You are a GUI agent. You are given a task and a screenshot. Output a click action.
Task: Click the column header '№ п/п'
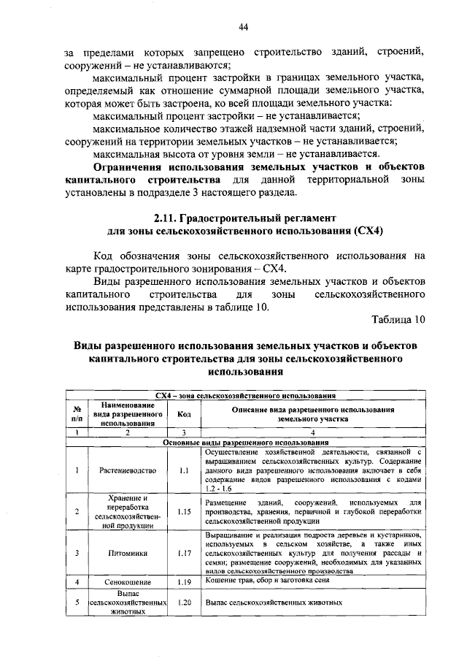coord(77,414)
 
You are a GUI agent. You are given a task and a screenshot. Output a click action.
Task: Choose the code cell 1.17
coord(184,553)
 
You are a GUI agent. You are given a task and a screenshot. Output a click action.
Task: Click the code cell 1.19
coord(184,582)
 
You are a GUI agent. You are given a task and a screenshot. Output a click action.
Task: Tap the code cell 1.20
coord(184,603)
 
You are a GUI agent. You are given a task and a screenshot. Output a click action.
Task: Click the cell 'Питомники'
coord(128,553)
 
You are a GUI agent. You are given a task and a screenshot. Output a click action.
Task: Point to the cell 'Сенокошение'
coord(128,582)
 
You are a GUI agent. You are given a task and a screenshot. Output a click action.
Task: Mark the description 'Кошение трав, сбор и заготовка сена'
coord(267,580)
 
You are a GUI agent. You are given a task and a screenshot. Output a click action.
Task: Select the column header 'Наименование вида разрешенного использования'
coord(128,413)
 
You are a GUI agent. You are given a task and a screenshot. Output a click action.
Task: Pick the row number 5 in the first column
coord(77,603)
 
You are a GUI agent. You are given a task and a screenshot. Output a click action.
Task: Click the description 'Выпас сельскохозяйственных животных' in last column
coord(274,603)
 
